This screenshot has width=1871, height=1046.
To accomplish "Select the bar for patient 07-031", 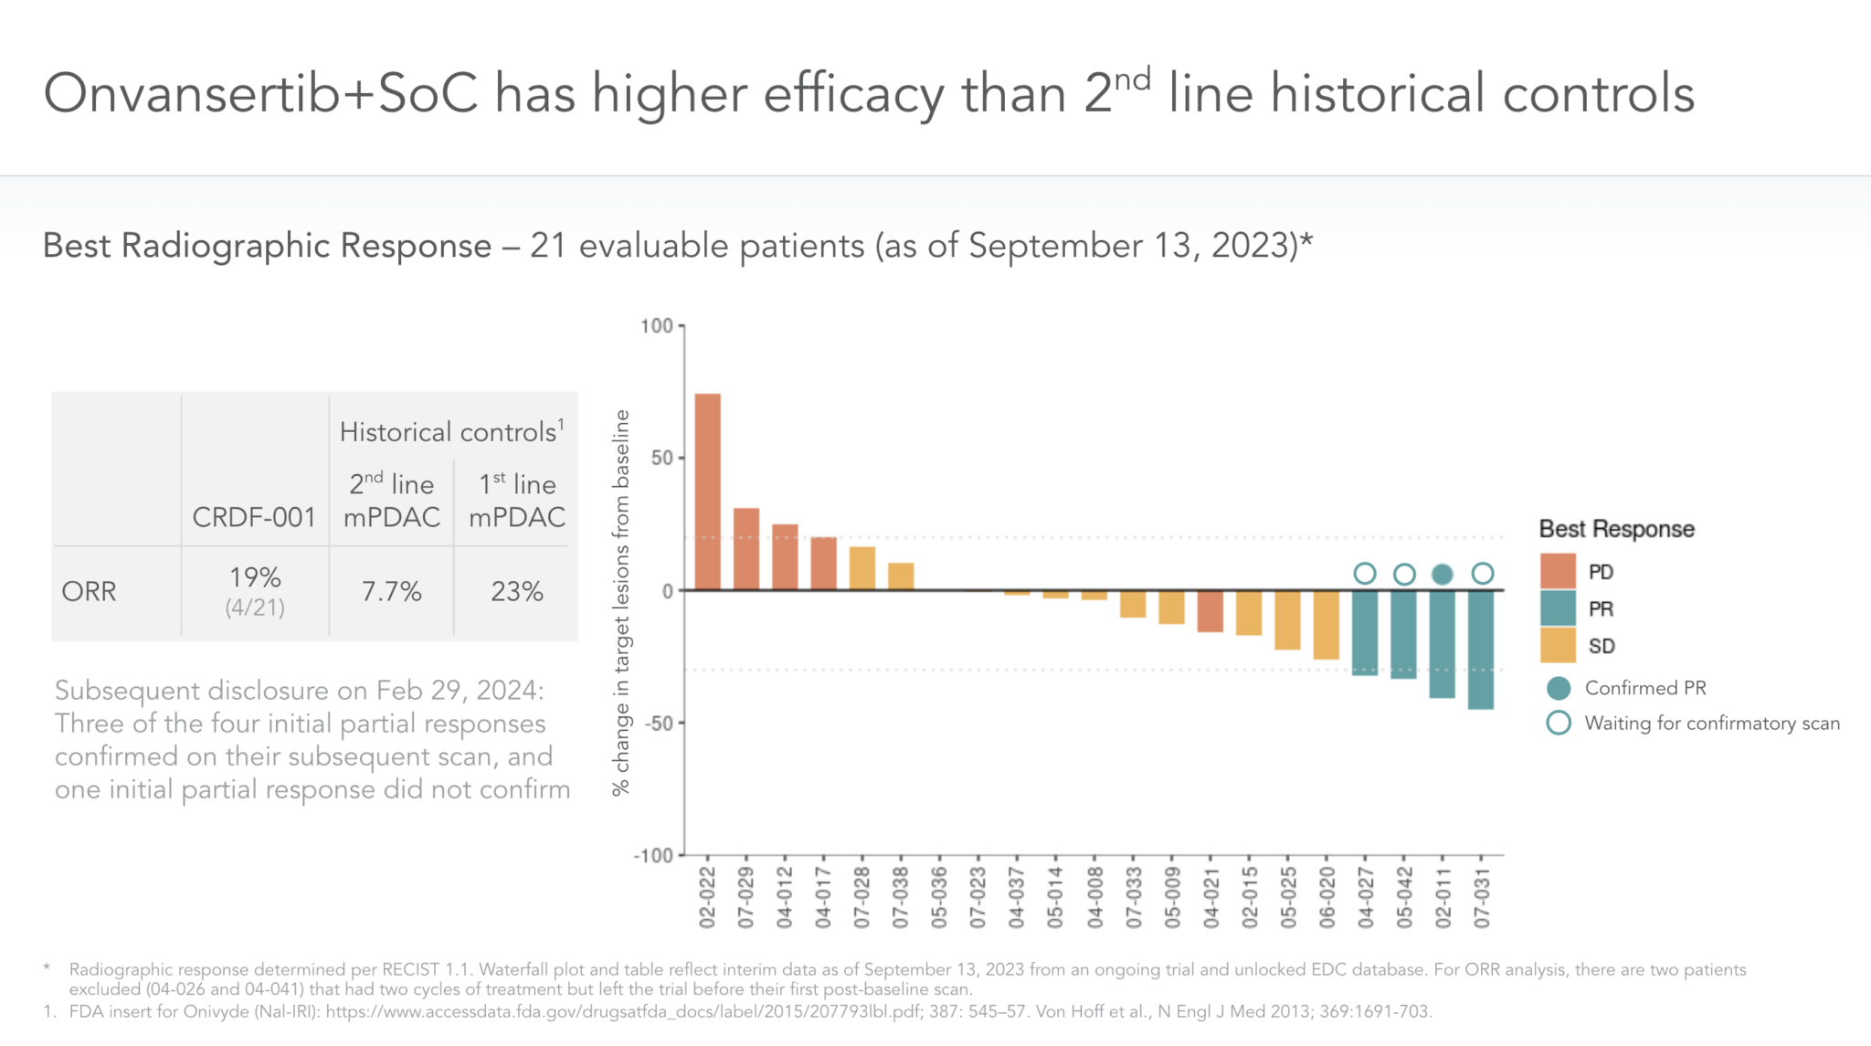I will (x=1481, y=650).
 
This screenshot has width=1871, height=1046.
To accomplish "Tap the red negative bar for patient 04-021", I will (x=1210, y=611).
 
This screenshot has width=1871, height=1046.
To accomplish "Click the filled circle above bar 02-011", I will (x=1443, y=574).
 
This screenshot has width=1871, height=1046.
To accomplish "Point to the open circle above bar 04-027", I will (x=1365, y=574).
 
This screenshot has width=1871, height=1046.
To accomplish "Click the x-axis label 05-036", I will (x=939, y=898).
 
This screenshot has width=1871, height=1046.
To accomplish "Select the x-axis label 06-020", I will (x=1327, y=898).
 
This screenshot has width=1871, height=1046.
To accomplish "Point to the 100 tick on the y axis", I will (x=657, y=326).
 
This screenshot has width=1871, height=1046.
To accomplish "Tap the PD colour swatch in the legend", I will (x=1558, y=571).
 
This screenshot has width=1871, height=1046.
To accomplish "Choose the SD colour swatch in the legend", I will (x=1558, y=645).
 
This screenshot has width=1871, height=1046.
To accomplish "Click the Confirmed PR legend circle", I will (x=1559, y=688).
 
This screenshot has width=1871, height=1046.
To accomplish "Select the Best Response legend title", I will (x=1616, y=529).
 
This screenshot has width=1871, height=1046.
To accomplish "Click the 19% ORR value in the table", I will (x=255, y=577).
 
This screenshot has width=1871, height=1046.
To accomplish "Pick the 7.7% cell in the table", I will (x=391, y=592).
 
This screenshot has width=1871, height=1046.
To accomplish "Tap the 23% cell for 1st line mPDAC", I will (x=517, y=592).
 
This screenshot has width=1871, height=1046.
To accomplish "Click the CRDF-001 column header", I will (x=254, y=517).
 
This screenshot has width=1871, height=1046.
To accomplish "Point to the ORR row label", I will (x=89, y=592).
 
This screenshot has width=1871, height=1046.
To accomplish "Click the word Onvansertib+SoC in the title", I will (x=260, y=94).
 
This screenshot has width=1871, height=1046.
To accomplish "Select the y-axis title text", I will (x=622, y=602).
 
